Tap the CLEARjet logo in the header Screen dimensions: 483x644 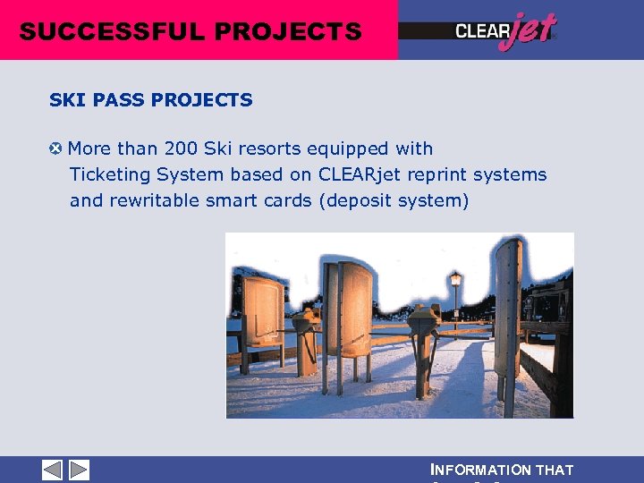pos(505,31)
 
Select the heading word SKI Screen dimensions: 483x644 pos(67,100)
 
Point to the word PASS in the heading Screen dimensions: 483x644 pos(118,100)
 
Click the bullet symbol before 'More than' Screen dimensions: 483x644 pos(55,148)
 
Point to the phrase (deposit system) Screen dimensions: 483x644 pos(394,200)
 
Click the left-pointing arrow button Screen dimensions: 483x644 pos(53,470)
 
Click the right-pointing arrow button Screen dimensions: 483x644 pos(79,470)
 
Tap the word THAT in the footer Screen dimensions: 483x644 pos(555,470)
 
